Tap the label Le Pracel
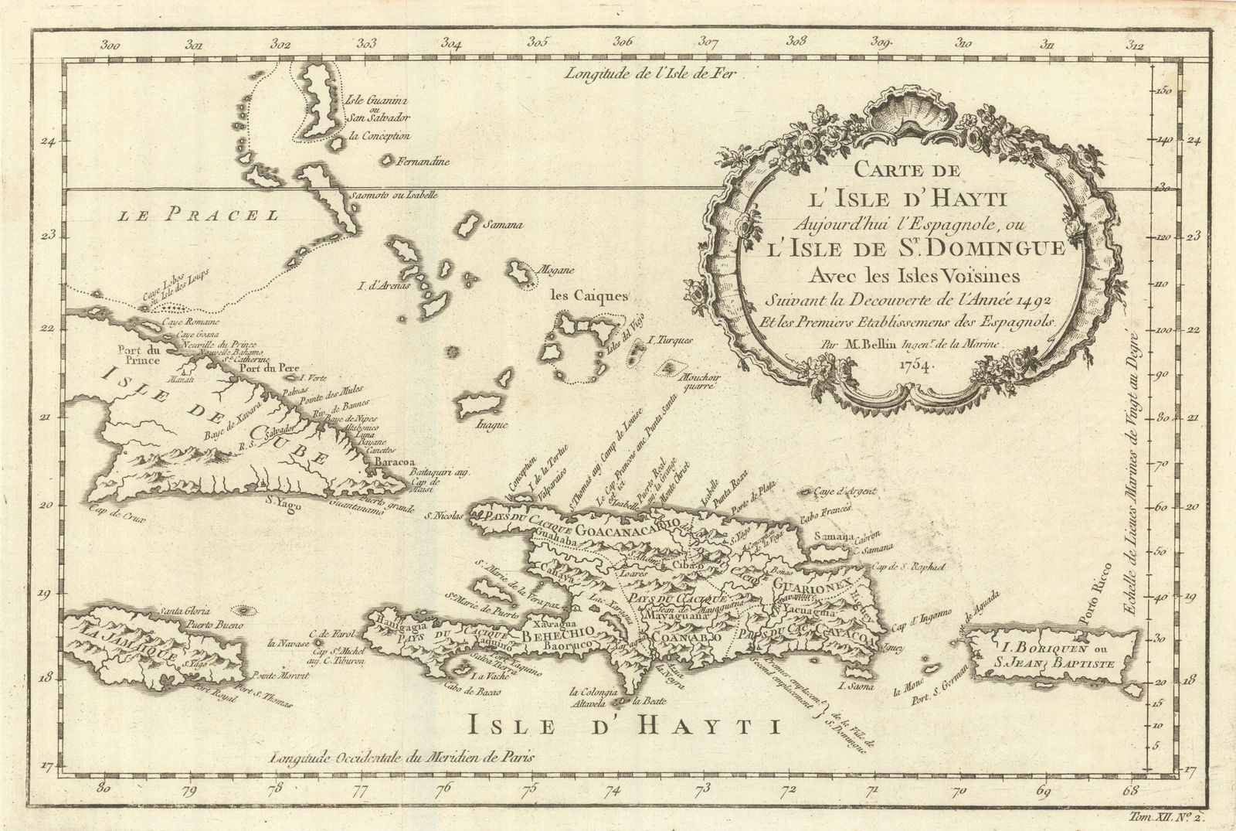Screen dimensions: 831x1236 (x=197, y=216)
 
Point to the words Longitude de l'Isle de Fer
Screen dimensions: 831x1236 (x=651, y=74)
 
